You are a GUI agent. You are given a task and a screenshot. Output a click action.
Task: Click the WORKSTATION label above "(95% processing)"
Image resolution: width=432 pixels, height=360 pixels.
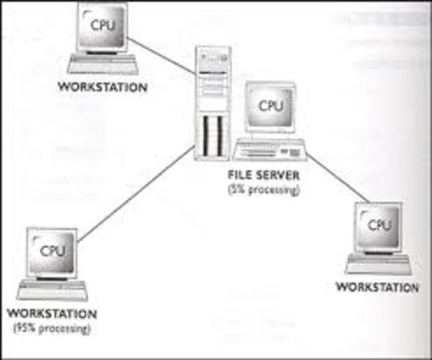tap(51, 313)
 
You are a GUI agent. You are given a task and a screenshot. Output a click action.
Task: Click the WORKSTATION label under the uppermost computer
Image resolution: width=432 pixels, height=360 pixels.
tap(103, 86)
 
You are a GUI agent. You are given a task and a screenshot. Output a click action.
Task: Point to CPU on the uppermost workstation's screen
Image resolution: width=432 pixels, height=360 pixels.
tap(103, 23)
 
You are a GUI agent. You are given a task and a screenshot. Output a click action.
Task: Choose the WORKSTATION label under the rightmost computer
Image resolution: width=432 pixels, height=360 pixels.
tap(377, 286)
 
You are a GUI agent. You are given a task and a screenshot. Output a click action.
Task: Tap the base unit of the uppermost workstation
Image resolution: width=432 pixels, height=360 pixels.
tap(103, 63)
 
